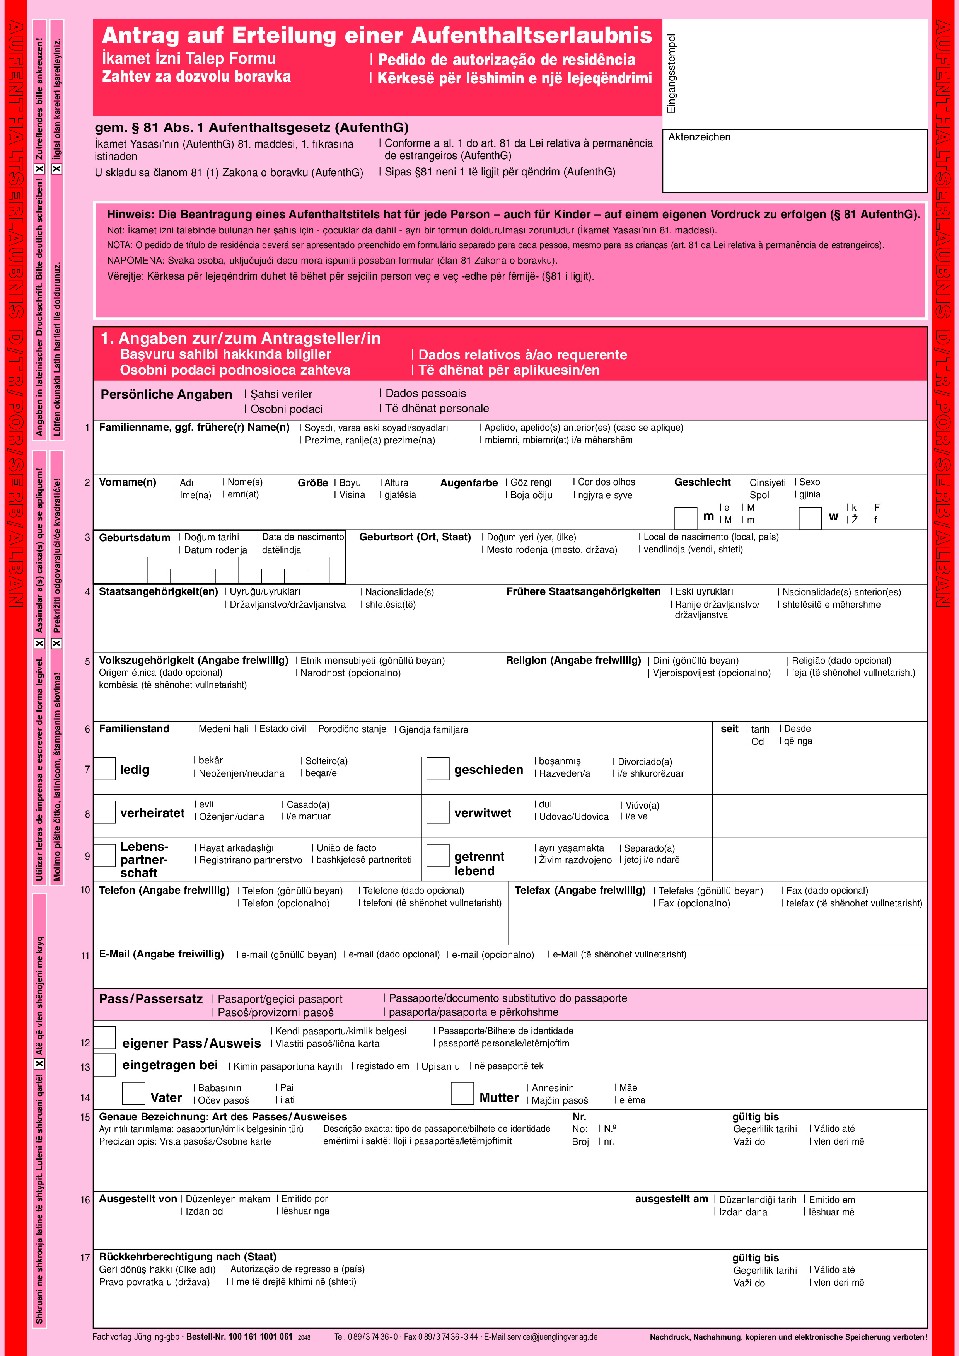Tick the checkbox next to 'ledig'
pos(104,768)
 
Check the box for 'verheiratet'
pos(104,812)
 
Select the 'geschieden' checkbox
pos(438,768)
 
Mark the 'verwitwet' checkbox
pos(438,812)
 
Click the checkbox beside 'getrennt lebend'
pos(438,855)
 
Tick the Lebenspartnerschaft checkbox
pos(104,855)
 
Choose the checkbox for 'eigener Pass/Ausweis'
pos(104,1037)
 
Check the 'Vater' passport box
pos(133,1093)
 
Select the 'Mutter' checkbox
pos(462,1093)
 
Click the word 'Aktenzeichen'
pos(699,137)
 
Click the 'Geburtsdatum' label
pos(134,537)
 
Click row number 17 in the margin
pos(85,1258)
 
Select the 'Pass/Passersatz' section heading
pos(151,999)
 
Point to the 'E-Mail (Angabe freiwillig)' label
pos(161,954)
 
